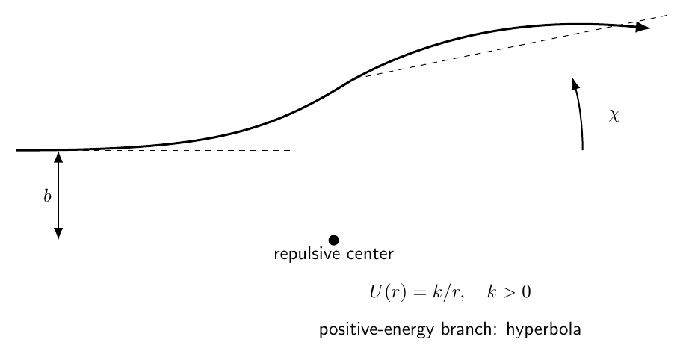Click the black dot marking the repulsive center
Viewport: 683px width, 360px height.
pyautogui.click(x=334, y=240)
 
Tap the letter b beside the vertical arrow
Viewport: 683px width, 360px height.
pyautogui.click(x=48, y=196)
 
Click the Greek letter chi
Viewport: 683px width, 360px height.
pyautogui.click(x=614, y=115)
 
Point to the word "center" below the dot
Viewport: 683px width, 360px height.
pyautogui.click(x=370, y=254)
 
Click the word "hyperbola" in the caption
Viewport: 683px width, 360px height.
pyautogui.click(x=543, y=329)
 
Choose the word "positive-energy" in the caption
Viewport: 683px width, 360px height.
pyautogui.click(x=377, y=329)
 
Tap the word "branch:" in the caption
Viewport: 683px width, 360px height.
pyautogui.click(x=469, y=329)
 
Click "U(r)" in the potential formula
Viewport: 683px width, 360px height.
pyautogui.click(x=388, y=291)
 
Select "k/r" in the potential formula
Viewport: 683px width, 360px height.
pyautogui.click(x=448, y=291)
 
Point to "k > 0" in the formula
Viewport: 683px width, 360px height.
pyautogui.click(x=509, y=291)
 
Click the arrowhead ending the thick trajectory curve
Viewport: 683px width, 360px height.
pyautogui.click(x=643, y=27)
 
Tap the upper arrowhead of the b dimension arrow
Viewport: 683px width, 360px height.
pyautogui.click(x=58, y=156)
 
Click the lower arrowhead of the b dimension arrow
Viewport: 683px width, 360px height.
pyautogui.click(x=58, y=233)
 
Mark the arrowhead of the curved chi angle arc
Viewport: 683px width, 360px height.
pyautogui.click(x=575, y=84)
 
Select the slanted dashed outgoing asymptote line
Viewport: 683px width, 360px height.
pyautogui.click(x=512, y=46)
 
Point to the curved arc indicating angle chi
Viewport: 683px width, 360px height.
pyautogui.click(x=580, y=114)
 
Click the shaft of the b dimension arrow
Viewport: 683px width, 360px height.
pyautogui.click(x=58, y=195)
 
